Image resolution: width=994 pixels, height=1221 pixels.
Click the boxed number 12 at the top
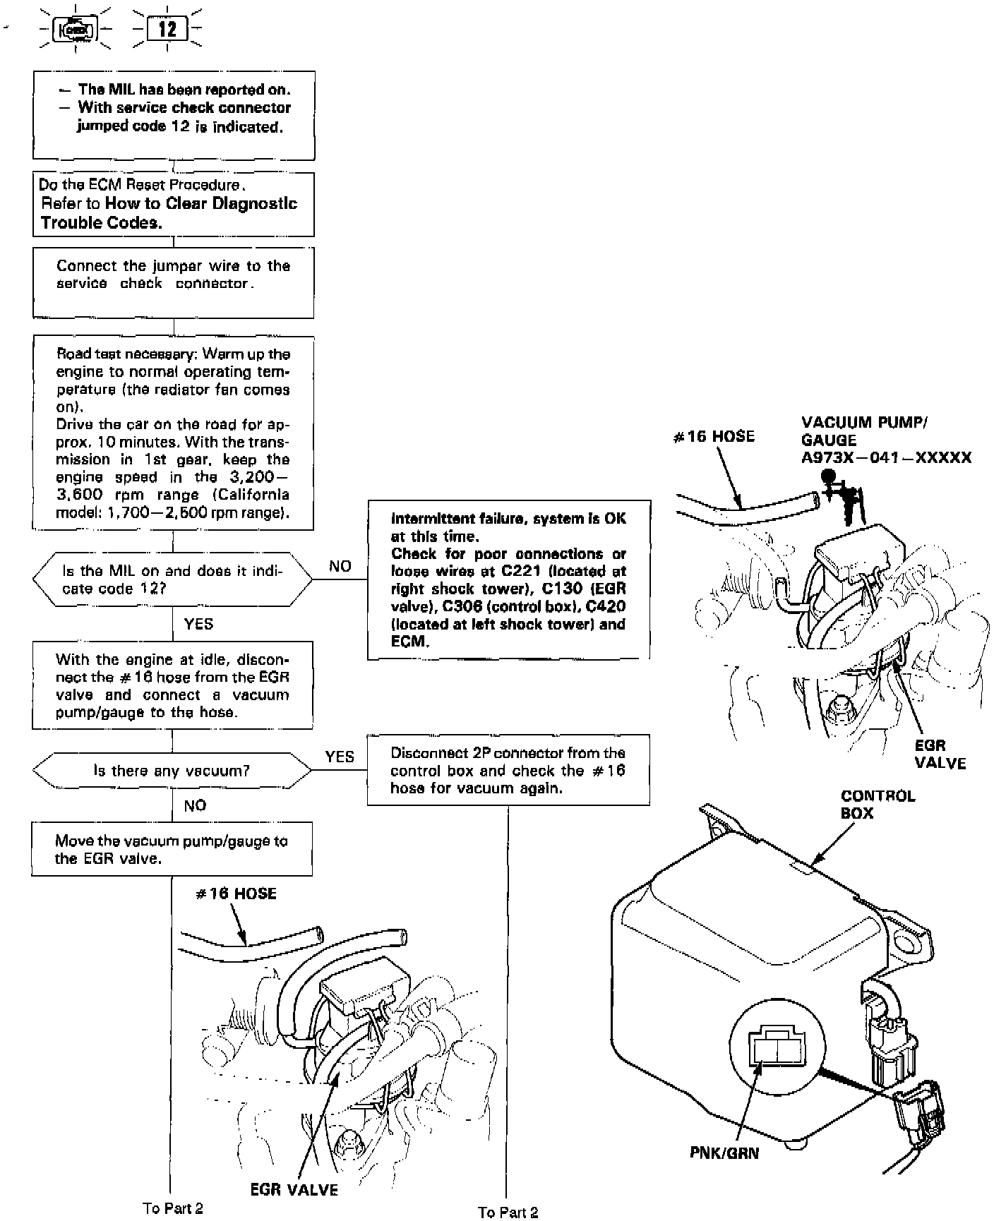[x=167, y=30]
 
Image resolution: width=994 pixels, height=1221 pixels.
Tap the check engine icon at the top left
[x=75, y=30]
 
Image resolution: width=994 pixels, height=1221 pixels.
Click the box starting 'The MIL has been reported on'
[x=174, y=116]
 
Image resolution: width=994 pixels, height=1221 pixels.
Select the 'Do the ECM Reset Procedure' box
[x=174, y=204]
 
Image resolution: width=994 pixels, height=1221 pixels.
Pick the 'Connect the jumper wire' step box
[x=173, y=282]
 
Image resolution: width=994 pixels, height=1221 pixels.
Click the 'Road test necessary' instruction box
[x=173, y=433]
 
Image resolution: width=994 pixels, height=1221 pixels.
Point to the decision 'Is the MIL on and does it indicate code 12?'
[x=172, y=579]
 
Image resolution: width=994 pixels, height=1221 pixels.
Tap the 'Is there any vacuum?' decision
[x=172, y=771]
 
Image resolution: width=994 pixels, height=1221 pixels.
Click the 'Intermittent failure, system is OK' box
[x=508, y=579]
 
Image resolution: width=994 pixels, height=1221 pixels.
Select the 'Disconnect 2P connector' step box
[x=508, y=770]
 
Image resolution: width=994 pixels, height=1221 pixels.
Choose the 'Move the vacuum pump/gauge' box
[x=172, y=849]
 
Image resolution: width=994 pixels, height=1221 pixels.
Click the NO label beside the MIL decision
[x=340, y=566]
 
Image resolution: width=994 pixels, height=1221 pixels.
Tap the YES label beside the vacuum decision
[x=340, y=757]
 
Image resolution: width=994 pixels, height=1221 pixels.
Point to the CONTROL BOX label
[x=878, y=805]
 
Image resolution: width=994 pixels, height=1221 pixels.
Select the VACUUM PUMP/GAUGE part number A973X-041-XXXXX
[x=886, y=457]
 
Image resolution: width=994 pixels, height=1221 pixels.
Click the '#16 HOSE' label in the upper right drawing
[x=714, y=436]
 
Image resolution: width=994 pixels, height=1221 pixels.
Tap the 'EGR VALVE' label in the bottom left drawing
[x=294, y=1190]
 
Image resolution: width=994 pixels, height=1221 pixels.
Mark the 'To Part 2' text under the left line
[x=173, y=1208]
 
